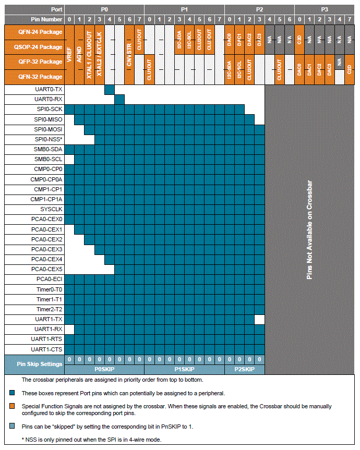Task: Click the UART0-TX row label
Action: [47, 89]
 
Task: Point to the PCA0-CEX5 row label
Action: [46, 269]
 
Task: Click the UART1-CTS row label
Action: [46, 349]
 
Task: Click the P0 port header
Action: [104, 9]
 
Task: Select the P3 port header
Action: [325, 9]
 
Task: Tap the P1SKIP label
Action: [185, 369]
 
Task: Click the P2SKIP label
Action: [245, 369]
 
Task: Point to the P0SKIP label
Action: [104, 369]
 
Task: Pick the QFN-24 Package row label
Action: [40, 32]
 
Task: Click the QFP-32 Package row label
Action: [40, 62]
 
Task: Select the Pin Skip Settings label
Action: [40, 364]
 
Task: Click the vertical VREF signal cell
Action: [69, 54]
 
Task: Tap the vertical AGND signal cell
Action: [79, 54]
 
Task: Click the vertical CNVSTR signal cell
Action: [129, 39]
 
